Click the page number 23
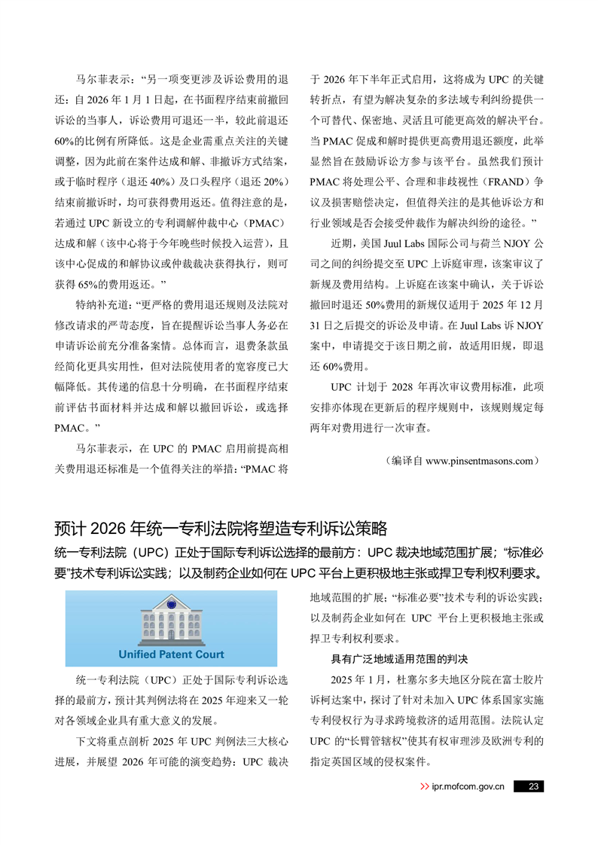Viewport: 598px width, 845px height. (x=532, y=787)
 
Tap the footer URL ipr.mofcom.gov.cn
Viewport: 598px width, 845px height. (x=468, y=787)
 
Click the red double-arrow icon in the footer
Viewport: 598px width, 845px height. (x=424, y=787)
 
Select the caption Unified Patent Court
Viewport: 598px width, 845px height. (x=171, y=654)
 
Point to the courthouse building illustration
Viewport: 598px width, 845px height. (x=171, y=620)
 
